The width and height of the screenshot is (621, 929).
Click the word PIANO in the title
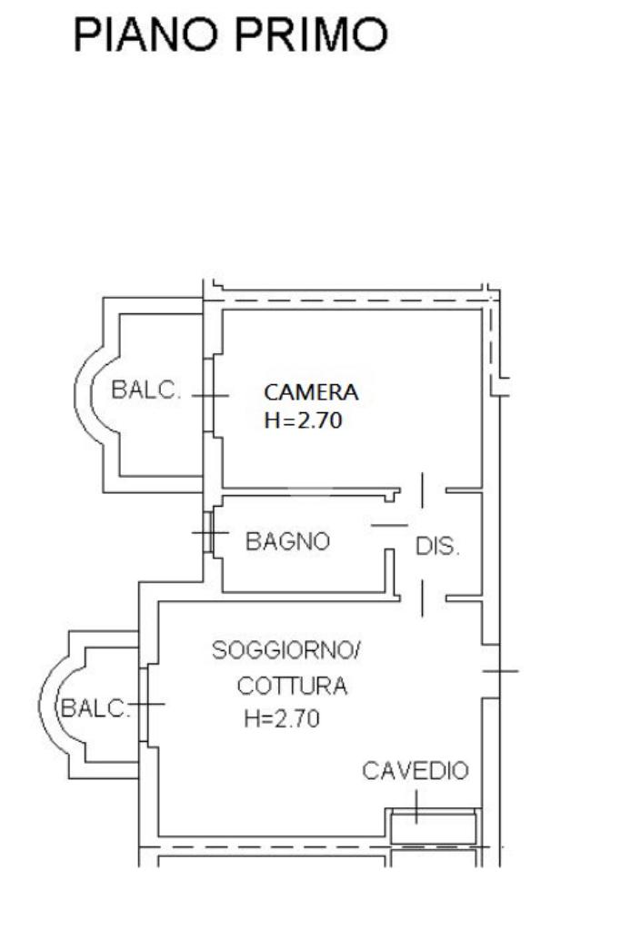pos(145,35)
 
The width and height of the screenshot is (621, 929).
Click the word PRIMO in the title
pos(311,35)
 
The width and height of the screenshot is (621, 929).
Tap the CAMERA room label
pos(311,392)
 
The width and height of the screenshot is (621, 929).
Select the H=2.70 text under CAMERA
pos(303,420)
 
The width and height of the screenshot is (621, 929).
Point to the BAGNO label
pos(287,541)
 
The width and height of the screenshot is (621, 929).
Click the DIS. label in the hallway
pos(437,547)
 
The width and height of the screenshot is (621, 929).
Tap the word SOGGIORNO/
pos(285,650)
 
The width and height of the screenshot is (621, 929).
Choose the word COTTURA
pos(292,687)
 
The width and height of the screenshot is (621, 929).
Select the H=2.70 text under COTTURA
pos(282,718)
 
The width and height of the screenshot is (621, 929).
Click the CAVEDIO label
pos(416,771)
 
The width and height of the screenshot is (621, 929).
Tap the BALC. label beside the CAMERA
pos(145,390)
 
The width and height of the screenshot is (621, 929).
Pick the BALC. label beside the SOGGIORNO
pos(95,708)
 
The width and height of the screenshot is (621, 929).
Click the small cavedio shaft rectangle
pos(435,827)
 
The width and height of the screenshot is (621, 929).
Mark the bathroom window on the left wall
pos(208,533)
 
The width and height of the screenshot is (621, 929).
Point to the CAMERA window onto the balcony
pos(208,395)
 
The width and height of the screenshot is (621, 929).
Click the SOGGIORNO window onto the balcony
pos(144,705)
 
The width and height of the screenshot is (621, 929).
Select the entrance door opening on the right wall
pos(490,671)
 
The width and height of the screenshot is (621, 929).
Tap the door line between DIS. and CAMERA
pos(422,490)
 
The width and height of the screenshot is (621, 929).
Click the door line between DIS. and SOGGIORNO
pos(422,598)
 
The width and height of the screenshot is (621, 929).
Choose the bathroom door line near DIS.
pos(390,525)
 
